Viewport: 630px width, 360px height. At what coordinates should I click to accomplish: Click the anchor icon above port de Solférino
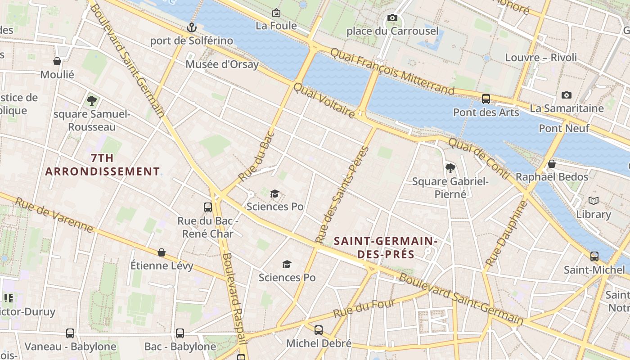(x=192, y=28)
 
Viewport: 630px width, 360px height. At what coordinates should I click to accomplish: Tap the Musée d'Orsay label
(x=222, y=64)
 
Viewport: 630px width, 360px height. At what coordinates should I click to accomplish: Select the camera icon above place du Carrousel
(x=392, y=18)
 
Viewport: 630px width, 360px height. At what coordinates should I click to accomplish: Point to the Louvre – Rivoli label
(x=541, y=58)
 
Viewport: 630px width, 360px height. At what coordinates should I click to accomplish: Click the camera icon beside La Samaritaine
(x=566, y=95)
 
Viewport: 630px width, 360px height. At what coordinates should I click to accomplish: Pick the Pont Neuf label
(x=564, y=128)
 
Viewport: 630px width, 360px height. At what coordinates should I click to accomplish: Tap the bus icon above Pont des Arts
(x=486, y=99)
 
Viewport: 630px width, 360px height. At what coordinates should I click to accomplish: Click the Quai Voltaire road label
(x=324, y=100)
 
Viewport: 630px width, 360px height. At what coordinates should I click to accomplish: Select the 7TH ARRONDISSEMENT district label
(x=102, y=165)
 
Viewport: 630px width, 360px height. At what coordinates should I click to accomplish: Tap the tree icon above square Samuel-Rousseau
(x=92, y=101)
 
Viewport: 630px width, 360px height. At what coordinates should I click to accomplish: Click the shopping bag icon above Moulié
(x=57, y=61)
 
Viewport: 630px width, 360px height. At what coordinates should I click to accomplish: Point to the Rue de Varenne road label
(x=54, y=215)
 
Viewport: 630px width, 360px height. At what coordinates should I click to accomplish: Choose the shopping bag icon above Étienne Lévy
(x=162, y=252)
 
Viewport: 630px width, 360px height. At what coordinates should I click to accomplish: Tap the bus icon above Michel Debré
(x=319, y=330)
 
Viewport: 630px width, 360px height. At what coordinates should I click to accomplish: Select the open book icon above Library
(x=594, y=201)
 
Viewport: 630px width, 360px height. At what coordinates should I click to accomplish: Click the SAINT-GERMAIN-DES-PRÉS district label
(x=386, y=247)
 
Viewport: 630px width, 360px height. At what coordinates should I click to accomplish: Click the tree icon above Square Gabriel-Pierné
(x=450, y=168)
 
